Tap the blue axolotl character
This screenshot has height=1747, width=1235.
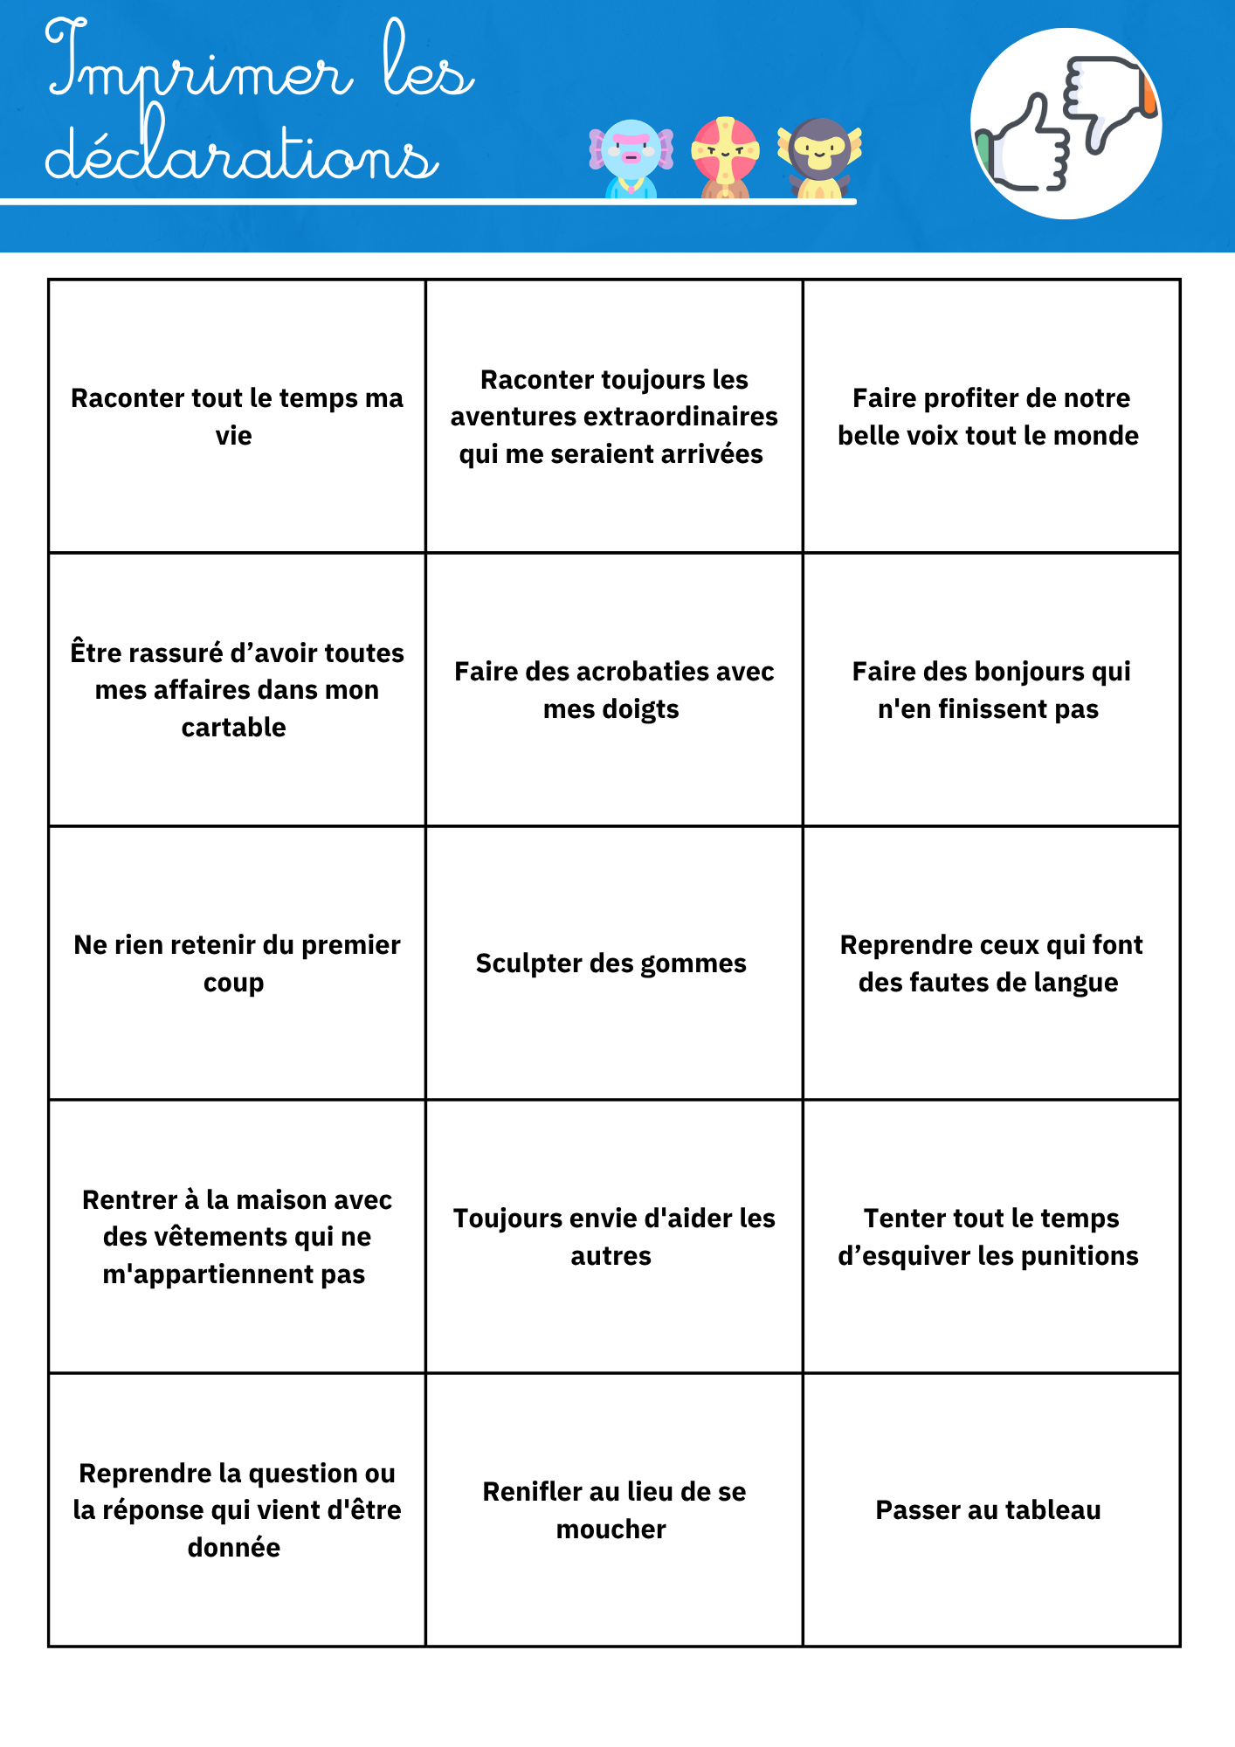631,158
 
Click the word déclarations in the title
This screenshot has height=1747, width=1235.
240,154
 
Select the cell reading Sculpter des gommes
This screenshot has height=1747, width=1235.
611,963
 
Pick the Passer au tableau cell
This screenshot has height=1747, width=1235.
988,1509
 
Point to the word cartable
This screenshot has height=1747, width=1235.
233,727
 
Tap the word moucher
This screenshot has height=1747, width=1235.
611,1529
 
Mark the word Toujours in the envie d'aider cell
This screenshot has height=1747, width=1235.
504,1219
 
